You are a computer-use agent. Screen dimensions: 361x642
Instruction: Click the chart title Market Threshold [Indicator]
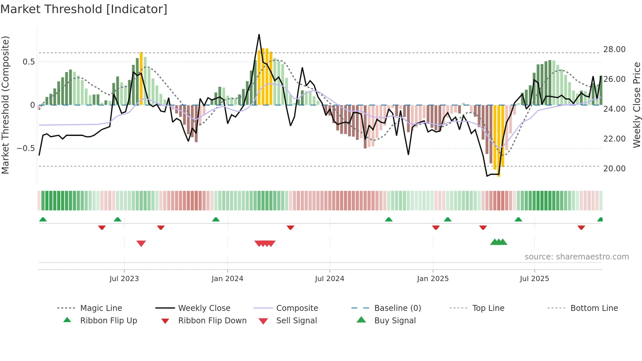[84, 9]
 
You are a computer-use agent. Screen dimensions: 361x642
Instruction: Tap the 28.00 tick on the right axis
[614, 49]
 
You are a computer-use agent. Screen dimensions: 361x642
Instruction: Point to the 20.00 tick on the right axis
[614, 169]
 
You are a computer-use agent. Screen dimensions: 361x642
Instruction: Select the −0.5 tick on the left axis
[26, 148]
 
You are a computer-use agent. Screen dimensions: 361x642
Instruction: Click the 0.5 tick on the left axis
[28, 62]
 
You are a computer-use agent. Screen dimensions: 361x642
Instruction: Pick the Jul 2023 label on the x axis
[124, 279]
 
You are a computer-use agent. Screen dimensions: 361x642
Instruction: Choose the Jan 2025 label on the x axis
[433, 279]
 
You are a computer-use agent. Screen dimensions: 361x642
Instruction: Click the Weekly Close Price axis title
[636, 105]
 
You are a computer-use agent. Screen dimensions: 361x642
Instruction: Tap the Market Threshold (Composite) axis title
[5, 105]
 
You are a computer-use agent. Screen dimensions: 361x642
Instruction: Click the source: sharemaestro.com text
[576, 257]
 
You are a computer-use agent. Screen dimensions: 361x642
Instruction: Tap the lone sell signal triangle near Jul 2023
[141, 243]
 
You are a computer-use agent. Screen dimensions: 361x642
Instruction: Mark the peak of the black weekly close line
[259, 35]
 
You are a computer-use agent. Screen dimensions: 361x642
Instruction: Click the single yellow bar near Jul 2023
[141, 79]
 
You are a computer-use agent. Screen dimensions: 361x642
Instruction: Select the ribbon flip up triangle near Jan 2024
[216, 219]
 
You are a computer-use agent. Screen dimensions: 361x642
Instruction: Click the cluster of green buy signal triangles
[499, 242]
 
